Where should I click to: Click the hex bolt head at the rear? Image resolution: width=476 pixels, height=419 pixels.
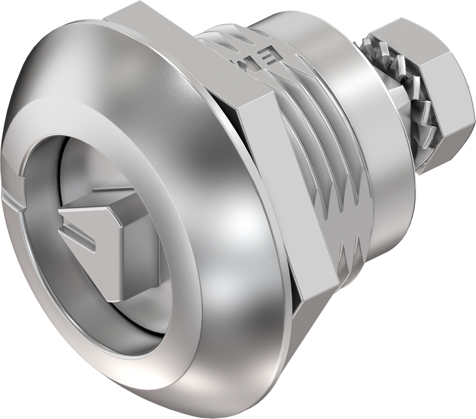pyautogui.click(x=442, y=107)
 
